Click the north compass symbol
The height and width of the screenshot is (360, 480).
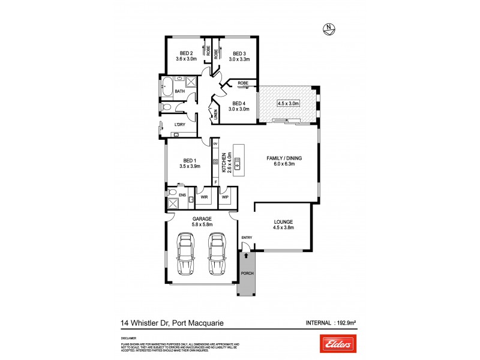328,27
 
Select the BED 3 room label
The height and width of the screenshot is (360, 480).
240,53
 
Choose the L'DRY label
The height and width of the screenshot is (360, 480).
179,124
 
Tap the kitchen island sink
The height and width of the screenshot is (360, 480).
238,161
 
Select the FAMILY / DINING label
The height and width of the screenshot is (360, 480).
284,158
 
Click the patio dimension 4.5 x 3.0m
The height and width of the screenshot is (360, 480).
289,103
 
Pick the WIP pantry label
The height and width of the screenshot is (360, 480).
226,196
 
